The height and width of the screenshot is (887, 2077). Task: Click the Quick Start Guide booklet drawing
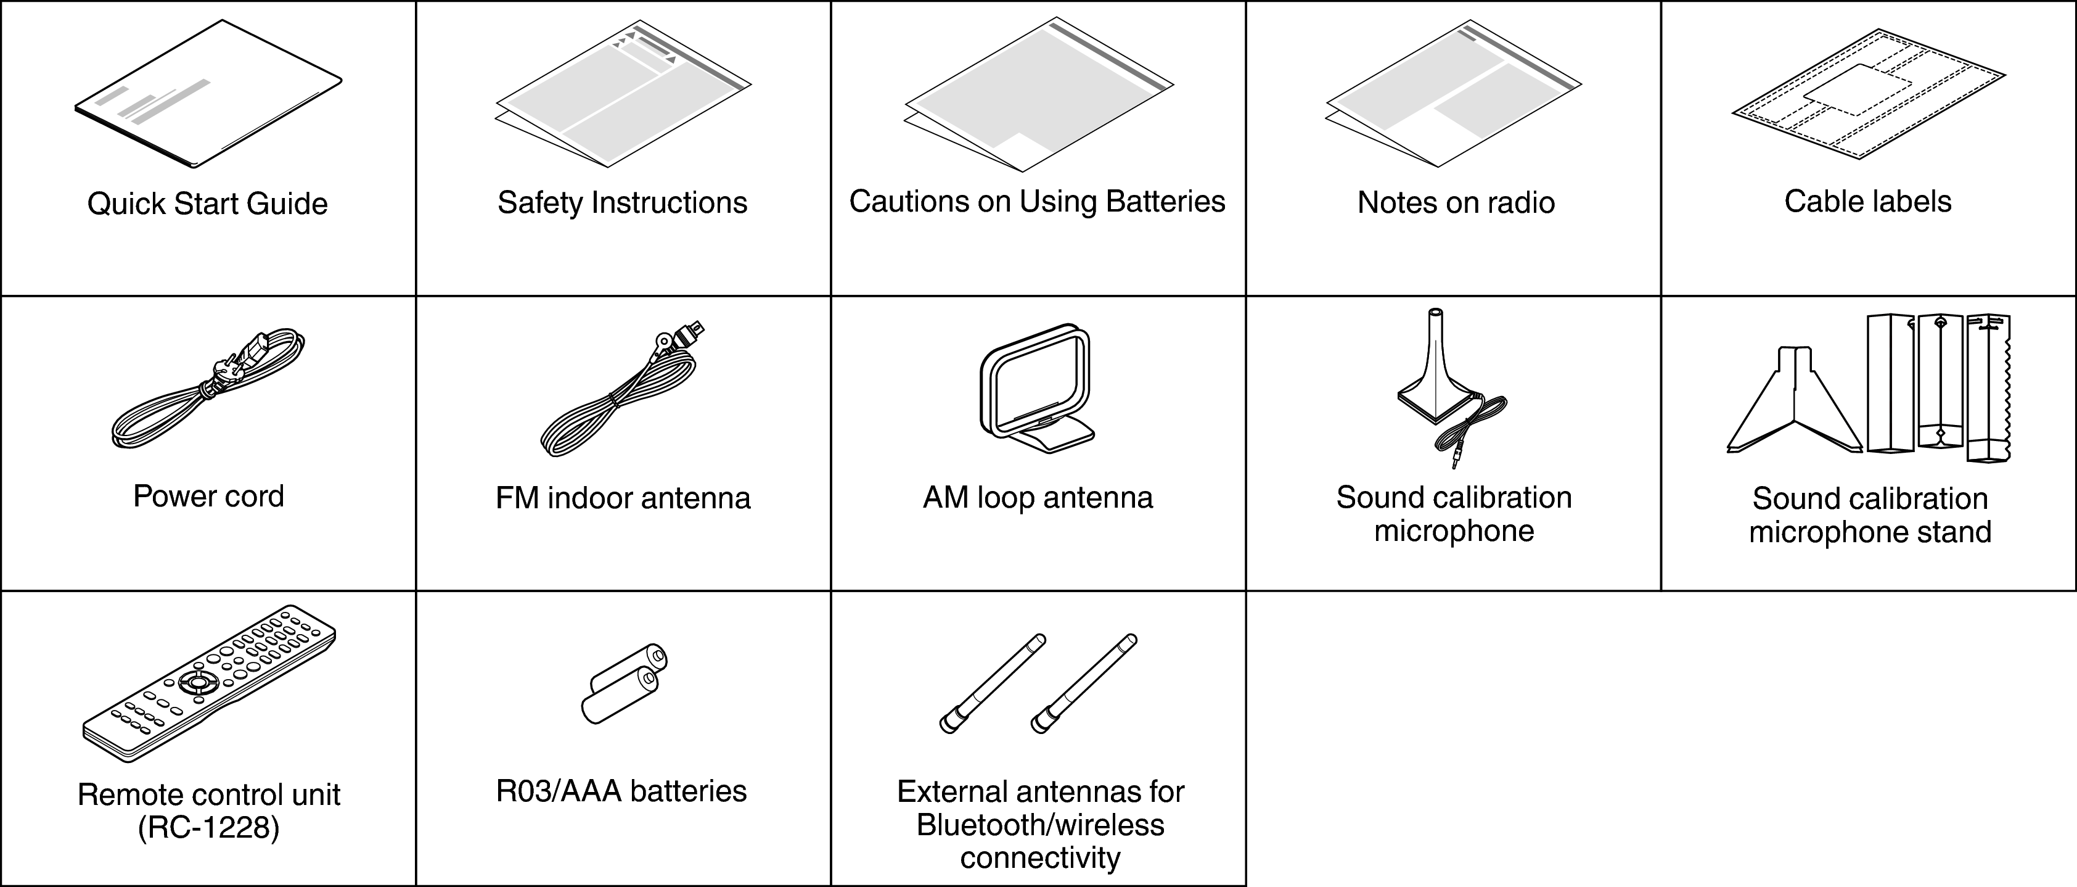click(x=208, y=95)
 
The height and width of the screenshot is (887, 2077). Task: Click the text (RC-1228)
click(x=208, y=828)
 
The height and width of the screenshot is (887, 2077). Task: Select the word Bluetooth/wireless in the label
click(x=1040, y=825)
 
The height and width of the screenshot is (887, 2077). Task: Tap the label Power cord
click(x=208, y=496)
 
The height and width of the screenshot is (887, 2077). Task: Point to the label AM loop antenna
click(x=1038, y=498)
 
